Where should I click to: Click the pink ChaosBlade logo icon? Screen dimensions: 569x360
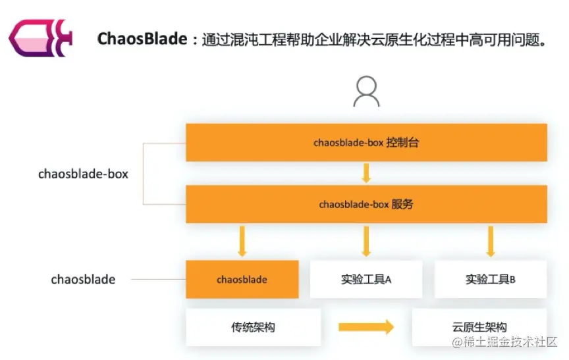click(40, 39)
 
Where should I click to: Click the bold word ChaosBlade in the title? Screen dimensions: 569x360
click(142, 39)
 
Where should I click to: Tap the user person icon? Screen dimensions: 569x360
click(366, 91)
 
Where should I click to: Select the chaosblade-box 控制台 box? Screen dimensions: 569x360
click(366, 142)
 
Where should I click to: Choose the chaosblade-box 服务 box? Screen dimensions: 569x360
click(366, 204)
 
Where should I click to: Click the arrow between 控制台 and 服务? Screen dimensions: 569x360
click(366, 173)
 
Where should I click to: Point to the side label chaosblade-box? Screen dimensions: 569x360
click(83, 174)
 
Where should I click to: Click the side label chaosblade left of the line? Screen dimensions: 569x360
click(83, 280)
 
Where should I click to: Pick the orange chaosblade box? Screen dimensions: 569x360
click(242, 280)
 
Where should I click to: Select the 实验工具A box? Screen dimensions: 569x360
click(366, 280)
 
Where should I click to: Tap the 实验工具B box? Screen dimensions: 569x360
click(491, 280)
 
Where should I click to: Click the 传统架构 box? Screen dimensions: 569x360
click(253, 327)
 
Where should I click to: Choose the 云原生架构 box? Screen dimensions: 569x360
click(479, 327)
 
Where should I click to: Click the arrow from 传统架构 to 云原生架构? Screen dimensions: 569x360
click(366, 327)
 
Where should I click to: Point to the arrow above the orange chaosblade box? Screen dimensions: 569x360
click(242, 241)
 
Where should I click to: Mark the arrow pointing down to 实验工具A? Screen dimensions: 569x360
click(366, 241)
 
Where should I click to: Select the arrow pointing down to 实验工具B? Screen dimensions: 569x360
click(491, 241)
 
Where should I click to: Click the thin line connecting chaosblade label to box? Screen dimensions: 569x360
click(158, 280)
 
